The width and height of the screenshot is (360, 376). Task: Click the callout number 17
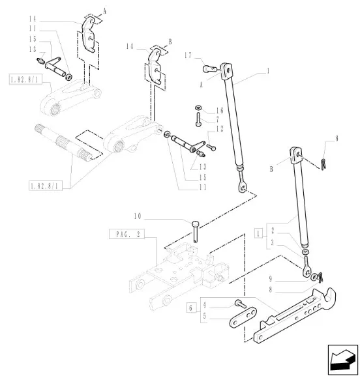click(x=188, y=55)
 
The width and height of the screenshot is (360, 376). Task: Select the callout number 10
click(x=138, y=216)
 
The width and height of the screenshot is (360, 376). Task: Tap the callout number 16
click(x=220, y=111)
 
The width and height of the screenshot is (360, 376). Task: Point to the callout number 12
click(x=220, y=129)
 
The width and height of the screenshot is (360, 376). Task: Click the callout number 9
click(x=271, y=279)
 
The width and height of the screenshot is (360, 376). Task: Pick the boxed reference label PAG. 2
click(x=127, y=234)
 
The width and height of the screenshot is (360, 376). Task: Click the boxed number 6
click(x=191, y=308)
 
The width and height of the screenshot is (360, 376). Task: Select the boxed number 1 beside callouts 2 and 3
click(x=258, y=233)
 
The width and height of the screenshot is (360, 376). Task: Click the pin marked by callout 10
click(x=195, y=231)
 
